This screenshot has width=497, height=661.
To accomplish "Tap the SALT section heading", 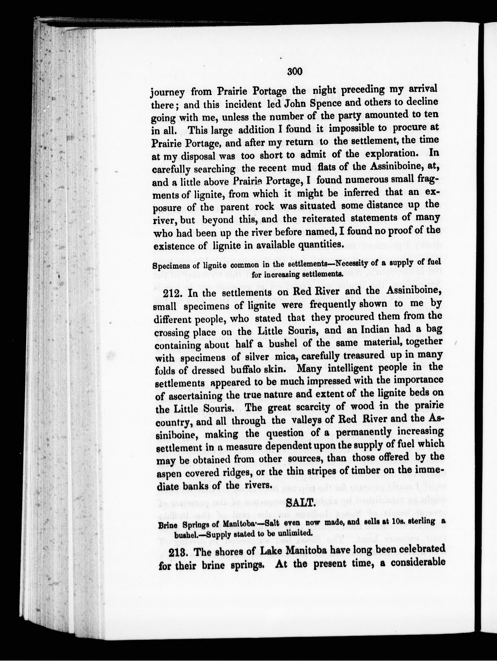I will pyautogui.click(x=300, y=504).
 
